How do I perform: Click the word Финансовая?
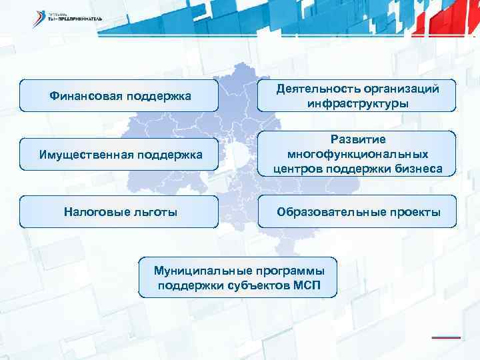pyautogui.click(x=82, y=97)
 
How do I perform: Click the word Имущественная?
pyautogui.click(x=77, y=155)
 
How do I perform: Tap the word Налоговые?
pyautogui.click(x=92, y=212)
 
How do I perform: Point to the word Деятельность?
pyautogui.click(x=319, y=89)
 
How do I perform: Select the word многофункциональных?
pyautogui.click(x=358, y=155)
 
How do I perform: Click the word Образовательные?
pyautogui.click(x=325, y=212)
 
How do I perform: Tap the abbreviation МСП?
pyautogui.click(x=306, y=286)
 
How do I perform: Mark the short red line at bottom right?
pyautogui.click(x=446, y=337)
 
